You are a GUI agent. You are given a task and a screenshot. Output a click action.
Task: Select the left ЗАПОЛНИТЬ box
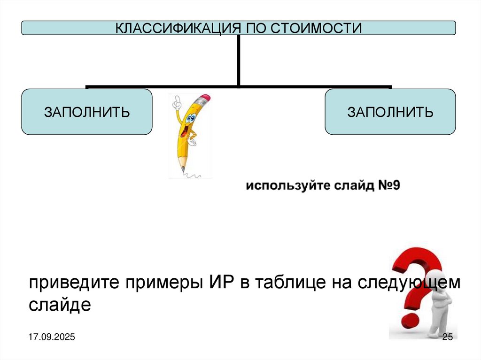pyautogui.click(x=86, y=112)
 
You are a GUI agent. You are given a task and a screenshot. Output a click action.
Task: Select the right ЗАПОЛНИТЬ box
pyautogui.click(x=390, y=112)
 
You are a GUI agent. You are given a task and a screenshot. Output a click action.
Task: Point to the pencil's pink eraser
pyautogui.click(x=204, y=100)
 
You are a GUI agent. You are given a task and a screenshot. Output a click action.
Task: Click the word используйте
pyautogui.click(x=279, y=186)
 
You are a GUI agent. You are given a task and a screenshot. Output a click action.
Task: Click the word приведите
pyautogui.click(x=73, y=284)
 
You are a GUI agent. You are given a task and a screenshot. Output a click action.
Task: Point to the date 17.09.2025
pyautogui.click(x=53, y=337)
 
